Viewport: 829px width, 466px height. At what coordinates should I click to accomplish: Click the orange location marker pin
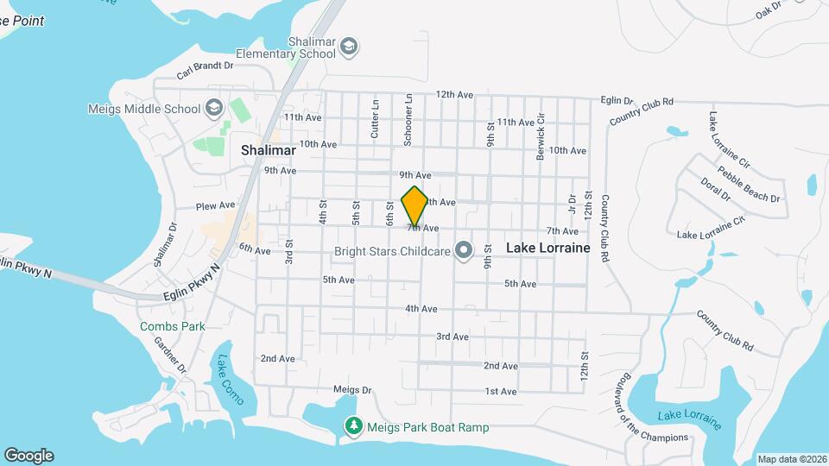pos(415,206)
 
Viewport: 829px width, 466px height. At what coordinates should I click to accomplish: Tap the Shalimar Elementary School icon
pos(350,46)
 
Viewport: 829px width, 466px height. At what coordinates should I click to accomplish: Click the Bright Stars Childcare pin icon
pos(465,252)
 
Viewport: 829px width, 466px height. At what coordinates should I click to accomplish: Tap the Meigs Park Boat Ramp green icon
pos(353,426)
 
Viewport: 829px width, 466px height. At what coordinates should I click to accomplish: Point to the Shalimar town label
pos(268,150)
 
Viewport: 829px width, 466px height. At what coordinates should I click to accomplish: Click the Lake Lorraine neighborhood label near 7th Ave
pos(547,248)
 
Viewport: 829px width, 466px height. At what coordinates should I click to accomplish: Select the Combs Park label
pos(173,326)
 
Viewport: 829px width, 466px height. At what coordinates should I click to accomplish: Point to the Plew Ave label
pos(215,206)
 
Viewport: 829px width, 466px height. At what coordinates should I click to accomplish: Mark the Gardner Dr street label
pos(170,355)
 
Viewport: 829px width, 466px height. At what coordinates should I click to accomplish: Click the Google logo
pos(28,455)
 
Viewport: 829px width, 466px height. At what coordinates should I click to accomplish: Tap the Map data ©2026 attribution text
pos(790,459)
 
